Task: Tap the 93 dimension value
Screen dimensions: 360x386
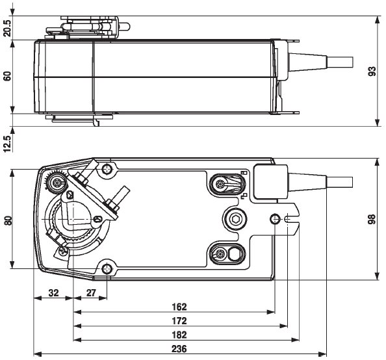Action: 372,71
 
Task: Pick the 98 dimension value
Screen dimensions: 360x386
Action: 372,220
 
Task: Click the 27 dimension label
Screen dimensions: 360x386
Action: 91,293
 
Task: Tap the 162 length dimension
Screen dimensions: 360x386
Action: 179,306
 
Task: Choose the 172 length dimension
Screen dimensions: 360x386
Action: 179,320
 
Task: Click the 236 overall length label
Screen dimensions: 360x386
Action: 179,349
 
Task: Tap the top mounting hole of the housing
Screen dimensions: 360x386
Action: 107,170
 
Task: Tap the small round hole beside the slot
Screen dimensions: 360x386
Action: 276,219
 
